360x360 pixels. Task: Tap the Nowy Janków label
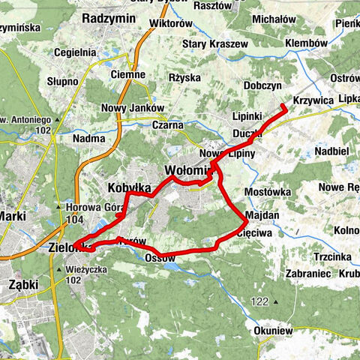133,107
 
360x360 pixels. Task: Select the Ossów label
160,257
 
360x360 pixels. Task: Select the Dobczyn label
262,86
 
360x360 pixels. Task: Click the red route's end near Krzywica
285,107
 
